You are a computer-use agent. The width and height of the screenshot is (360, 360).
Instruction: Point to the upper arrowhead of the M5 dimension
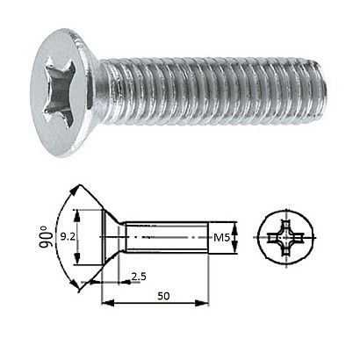click(x=237, y=223)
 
